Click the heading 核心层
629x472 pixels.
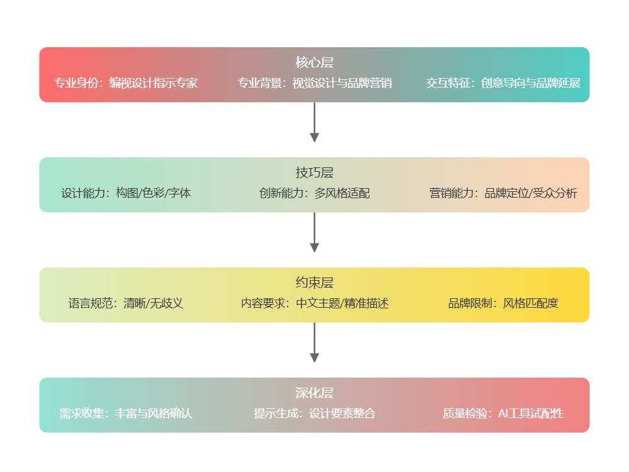314,62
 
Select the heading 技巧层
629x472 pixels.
314,172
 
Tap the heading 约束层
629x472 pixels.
314,283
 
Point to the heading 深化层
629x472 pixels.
314,393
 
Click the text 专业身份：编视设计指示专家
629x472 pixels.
126,83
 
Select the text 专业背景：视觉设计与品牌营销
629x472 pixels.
314,83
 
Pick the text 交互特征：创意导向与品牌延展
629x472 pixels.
503,83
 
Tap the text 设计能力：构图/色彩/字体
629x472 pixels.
126,193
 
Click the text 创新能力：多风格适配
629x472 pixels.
314,193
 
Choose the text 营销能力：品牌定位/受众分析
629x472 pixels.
503,193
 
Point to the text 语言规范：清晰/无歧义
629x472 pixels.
126,303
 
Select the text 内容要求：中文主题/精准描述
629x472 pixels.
314,303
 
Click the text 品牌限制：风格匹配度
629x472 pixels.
503,303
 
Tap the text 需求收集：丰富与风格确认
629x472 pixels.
126,413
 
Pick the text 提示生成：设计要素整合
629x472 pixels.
314,413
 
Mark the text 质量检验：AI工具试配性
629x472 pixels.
503,413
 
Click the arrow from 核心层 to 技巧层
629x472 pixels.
314,123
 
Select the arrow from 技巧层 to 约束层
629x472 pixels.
314,233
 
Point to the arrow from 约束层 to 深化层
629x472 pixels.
314,343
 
